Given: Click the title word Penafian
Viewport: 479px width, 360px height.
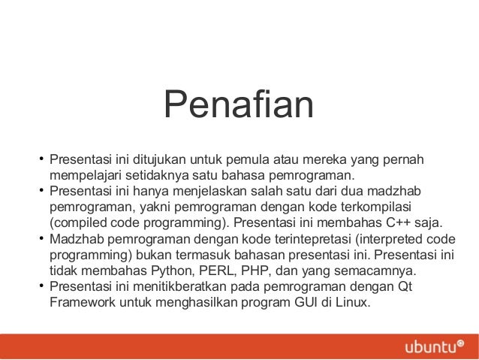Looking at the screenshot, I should (239, 106).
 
